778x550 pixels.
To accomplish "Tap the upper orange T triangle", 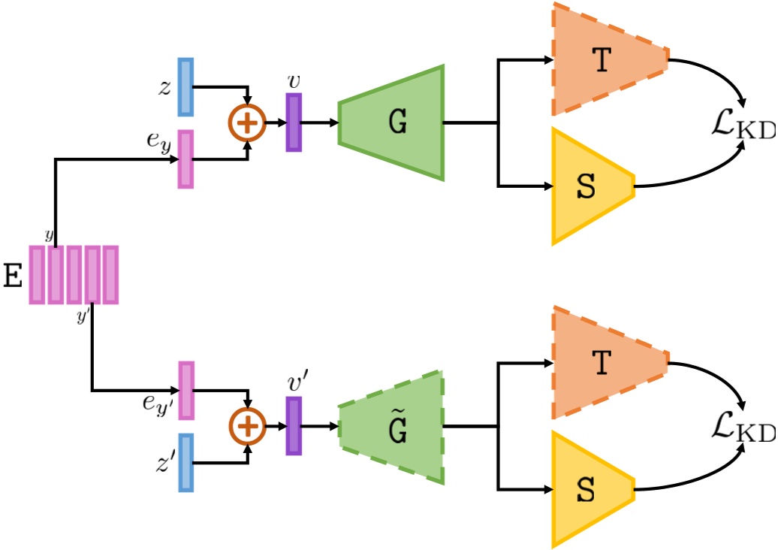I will (601, 60).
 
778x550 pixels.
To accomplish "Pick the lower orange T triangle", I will (601, 364).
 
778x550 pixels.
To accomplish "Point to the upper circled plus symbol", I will (247, 122).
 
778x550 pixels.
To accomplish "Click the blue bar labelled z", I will (185, 87).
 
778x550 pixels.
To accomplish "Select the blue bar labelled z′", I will (185, 463).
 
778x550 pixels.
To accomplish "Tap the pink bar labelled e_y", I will (185, 159).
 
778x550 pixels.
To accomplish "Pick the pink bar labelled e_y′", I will (185, 391).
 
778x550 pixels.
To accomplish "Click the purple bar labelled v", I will (294, 122).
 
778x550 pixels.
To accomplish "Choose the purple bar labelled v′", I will (294, 426).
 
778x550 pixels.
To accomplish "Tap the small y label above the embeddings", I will (49, 235).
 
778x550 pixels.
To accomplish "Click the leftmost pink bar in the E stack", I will (38, 275).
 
